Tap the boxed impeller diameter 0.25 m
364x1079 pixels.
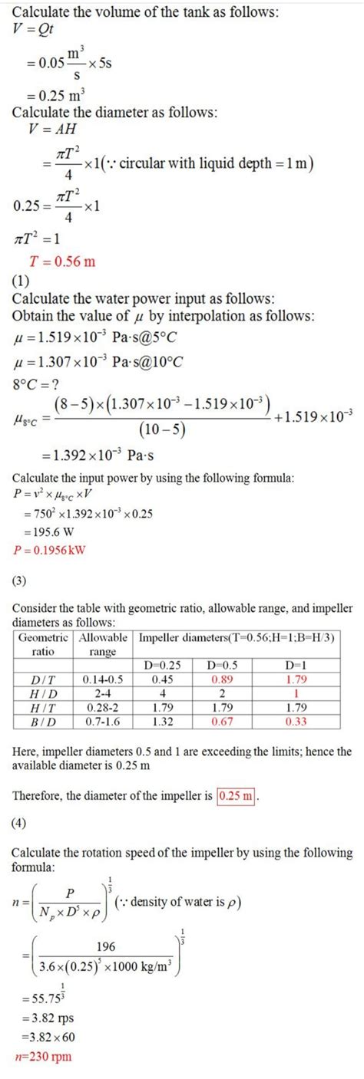pyautogui.click(x=237, y=795)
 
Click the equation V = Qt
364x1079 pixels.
pyautogui.click(x=34, y=28)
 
